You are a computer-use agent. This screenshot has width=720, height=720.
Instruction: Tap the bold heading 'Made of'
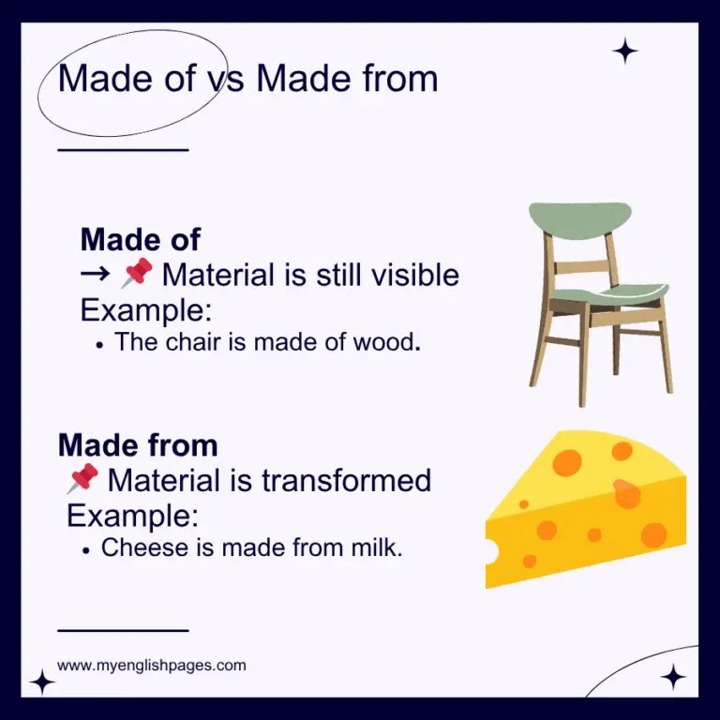(140, 239)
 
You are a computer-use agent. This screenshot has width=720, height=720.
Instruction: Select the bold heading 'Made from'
(137, 444)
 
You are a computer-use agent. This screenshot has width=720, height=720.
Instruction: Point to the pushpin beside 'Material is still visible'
(137, 274)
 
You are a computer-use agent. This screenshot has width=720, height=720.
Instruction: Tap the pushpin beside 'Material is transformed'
(82, 480)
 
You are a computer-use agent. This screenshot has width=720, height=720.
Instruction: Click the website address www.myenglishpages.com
(152, 666)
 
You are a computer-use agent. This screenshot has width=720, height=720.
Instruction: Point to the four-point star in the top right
(625, 51)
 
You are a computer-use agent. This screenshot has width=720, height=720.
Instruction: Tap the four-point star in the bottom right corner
(672, 677)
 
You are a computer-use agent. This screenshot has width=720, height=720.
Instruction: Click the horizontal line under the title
(123, 149)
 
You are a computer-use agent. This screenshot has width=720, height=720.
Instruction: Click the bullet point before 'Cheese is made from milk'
(86, 551)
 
